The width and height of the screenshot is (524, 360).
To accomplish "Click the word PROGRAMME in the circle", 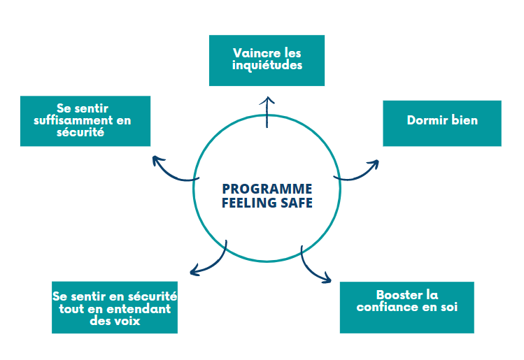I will (267, 189).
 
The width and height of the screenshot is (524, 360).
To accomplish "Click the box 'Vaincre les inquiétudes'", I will (267, 60).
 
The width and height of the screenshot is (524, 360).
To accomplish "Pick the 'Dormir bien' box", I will (441, 123).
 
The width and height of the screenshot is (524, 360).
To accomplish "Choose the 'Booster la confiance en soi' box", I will (406, 307).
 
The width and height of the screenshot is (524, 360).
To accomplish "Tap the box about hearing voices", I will (114, 307).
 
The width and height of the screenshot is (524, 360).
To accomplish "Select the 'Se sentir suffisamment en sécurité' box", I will (85, 120).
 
